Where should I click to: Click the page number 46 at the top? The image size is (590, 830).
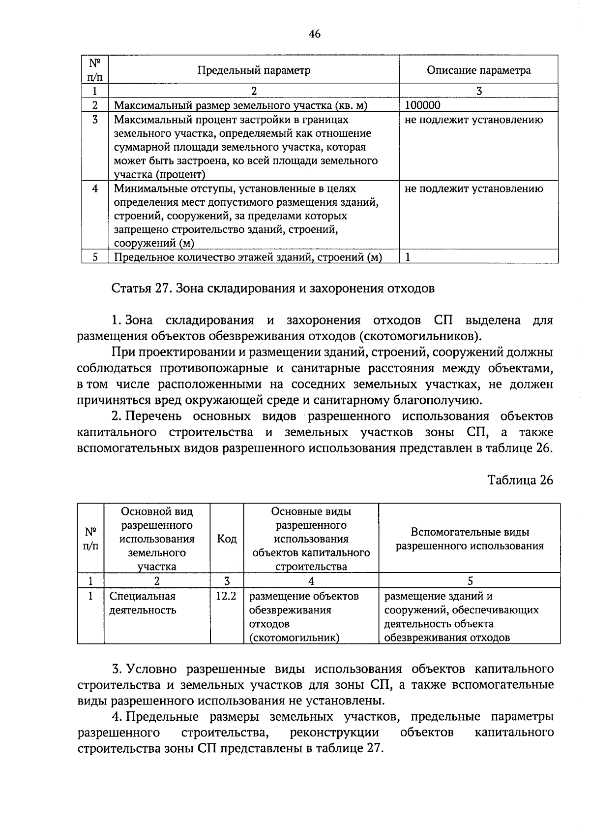[x=315, y=34]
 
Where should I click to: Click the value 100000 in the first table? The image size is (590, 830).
[x=423, y=105]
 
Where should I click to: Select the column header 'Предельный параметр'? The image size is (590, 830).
[x=254, y=70]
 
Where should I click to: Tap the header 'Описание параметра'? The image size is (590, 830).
[x=478, y=70]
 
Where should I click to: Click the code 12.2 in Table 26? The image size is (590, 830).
[x=226, y=596]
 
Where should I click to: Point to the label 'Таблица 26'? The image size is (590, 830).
[x=520, y=480]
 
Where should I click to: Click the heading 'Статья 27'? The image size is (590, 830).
[x=140, y=288]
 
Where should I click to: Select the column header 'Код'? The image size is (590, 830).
[x=227, y=539]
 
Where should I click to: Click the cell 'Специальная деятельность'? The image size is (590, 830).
[x=142, y=603]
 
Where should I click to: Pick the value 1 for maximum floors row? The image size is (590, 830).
[x=408, y=257]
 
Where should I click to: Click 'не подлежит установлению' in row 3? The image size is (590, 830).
[x=474, y=120]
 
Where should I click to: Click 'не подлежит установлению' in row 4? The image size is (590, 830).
[x=474, y=189]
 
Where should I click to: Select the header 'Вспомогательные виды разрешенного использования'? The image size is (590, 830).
[x=470, y=539]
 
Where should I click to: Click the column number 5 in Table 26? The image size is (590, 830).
[x=470, y=581]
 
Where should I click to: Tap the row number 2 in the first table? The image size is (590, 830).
[x=95, y=105]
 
